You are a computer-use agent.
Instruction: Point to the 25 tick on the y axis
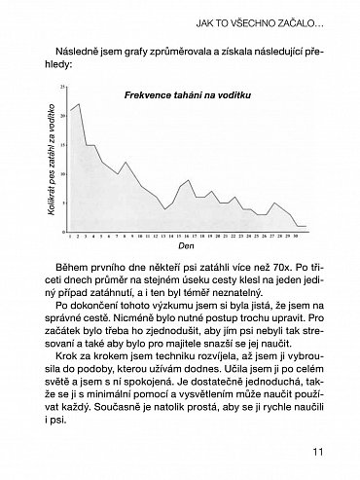[62, 88]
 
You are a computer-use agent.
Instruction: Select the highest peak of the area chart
[78, 102]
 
